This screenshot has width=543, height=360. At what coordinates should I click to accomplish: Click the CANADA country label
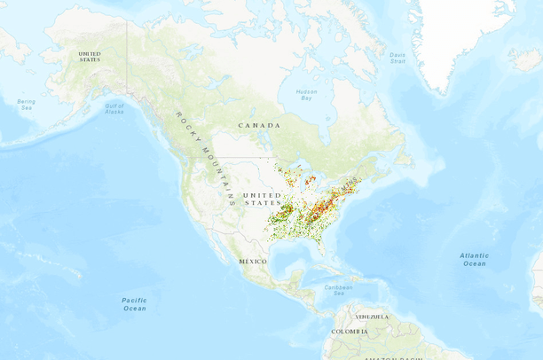259,126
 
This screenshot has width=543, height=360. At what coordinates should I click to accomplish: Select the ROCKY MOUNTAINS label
204,158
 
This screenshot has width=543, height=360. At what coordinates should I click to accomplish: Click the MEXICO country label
253,262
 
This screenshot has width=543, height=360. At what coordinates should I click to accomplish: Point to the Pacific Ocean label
134,304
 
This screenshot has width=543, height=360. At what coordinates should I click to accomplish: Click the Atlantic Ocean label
474,259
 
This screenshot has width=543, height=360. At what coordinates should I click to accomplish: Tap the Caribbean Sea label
337,290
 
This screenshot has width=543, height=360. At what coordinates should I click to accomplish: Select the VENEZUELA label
372,317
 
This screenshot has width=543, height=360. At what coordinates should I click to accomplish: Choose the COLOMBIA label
349,332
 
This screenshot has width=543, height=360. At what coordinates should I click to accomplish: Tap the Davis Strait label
397,58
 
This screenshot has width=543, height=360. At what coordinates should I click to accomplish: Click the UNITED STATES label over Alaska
90,56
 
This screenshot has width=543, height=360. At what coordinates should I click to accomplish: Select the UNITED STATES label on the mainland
263,199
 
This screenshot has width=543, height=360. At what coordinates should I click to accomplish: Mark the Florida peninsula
321,244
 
